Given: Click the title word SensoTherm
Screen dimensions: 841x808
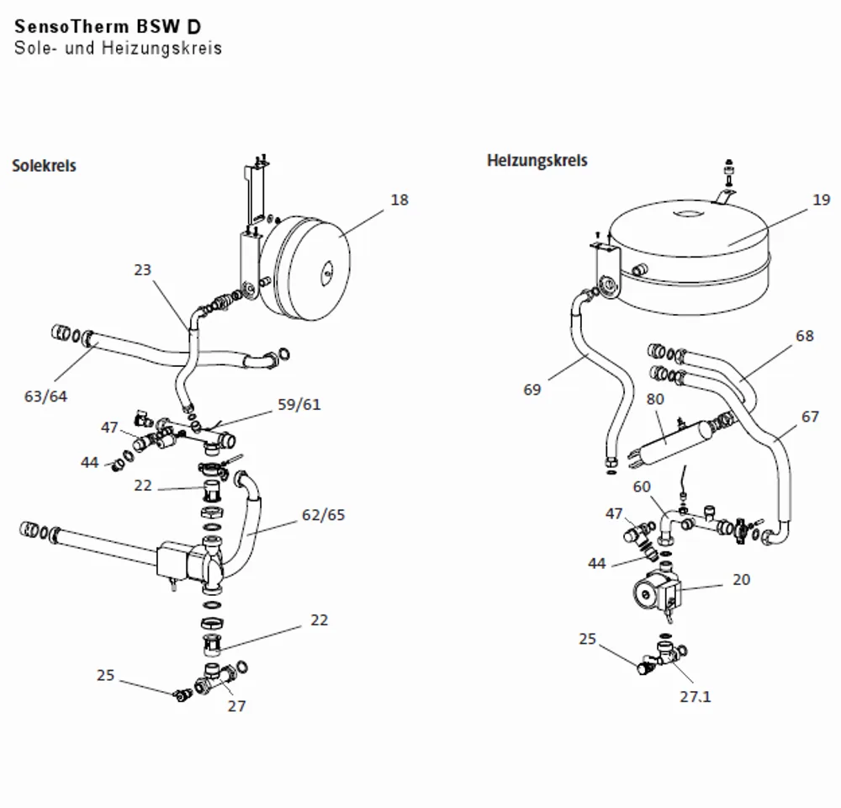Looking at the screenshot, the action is pyautogui.click(x=71, y=26).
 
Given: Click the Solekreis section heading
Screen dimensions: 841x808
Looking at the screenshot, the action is pyautogui.click(x=44, y=165).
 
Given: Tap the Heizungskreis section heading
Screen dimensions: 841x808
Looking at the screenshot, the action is pyautogui.click(x=537, y=161).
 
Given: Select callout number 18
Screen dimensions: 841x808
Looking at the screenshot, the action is pyautogui.click(x=399, y=199).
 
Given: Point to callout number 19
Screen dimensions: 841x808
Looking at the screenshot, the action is pyautogui.click(x=821, y=199).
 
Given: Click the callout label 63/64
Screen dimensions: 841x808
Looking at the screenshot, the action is pyautogui.click(x=45, y=396).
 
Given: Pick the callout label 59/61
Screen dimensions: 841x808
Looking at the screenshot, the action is pyautogui.click(x=299, y=404).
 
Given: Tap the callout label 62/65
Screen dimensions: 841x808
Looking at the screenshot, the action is pyautogui.click(x=324, y=515).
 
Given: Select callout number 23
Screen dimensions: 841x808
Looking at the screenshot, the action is pyautogui.click(x=143, y=269).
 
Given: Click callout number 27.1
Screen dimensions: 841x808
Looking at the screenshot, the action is pyautogui.click(x=696, y=696).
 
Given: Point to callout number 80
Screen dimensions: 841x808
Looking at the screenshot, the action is pyautogui.click(x=655, y=399).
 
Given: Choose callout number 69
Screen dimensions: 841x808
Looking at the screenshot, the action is pyautogui.click(x=532, y=389).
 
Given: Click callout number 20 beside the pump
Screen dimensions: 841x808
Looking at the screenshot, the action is pyautogui.click(x=741, y=579).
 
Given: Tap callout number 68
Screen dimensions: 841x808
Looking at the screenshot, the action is pyautogui.click(x=805, y=336).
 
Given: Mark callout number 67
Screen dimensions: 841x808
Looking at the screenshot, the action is pyautogui.click(x=810, y=417).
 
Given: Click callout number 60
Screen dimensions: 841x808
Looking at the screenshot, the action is pyautogui.click(x=642, y=486).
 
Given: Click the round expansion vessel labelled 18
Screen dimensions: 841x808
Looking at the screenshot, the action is pyautogui.click(x=306, y=268).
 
